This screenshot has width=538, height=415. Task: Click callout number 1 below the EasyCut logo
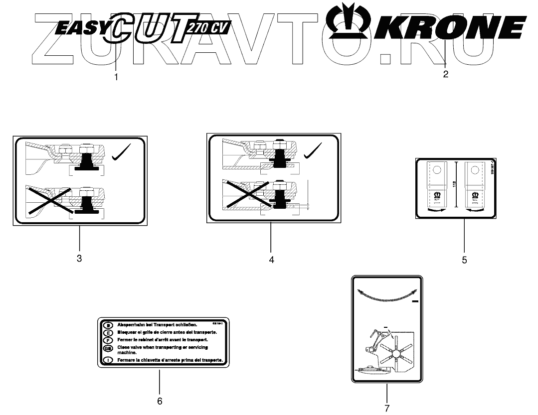[x=116, y=77]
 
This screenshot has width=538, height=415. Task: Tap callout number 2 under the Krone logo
[x=445, y=75]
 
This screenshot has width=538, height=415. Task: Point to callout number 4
[x=271, y=260]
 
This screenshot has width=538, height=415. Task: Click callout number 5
[x=464, y=260]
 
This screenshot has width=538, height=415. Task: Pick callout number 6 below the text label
[x=160, y=401]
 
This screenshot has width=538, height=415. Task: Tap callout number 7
[x=386, y=408]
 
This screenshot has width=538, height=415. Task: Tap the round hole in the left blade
[x=437, y=170]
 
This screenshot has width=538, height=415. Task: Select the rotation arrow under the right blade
[x=474, y=211]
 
